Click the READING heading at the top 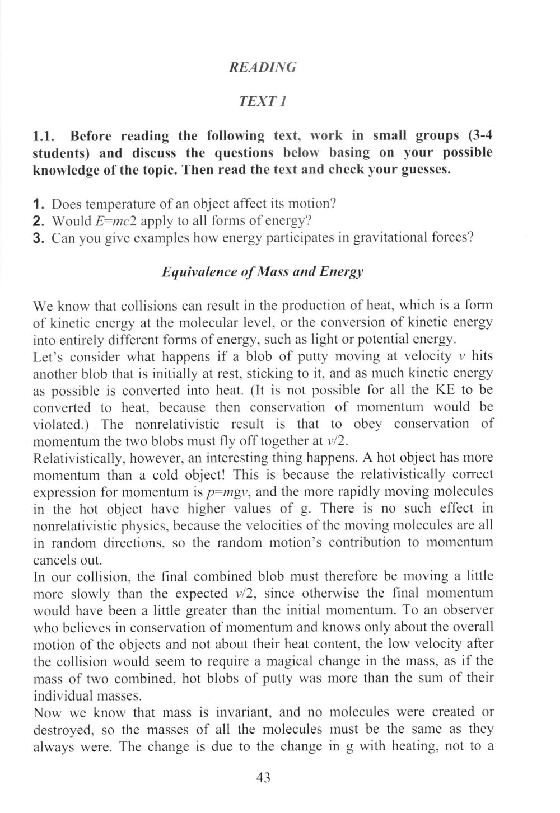point(263,68)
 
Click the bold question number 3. point(38,238)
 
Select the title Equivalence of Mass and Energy point(263,272)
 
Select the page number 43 point(263,777)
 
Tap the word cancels point(54,560)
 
